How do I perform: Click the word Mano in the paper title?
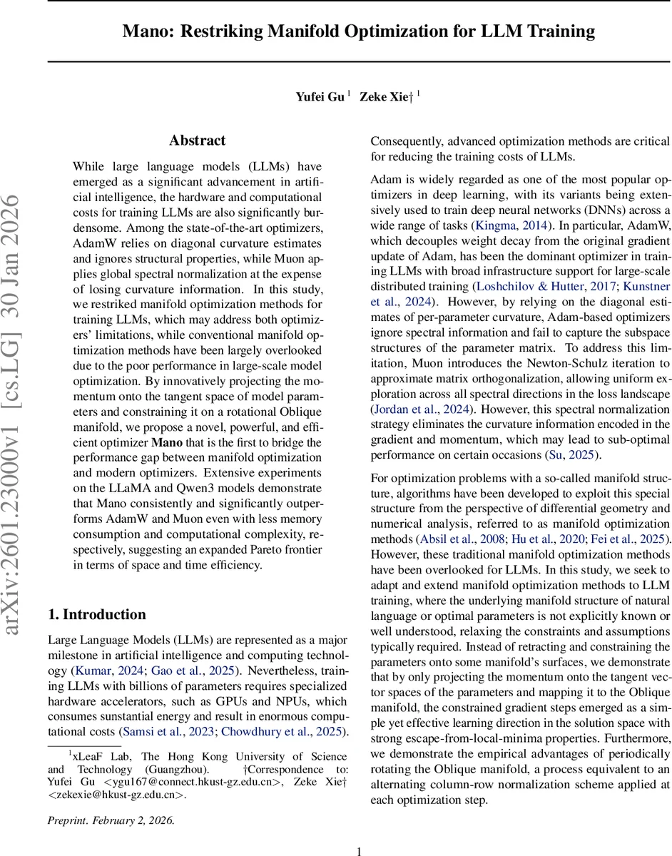(146, 31)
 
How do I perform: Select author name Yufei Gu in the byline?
(320, 96)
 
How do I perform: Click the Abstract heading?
(198, 141)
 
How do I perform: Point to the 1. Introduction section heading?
(96, 595)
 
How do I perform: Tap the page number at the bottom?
(359, 850)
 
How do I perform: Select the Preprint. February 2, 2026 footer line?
(111, 820)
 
